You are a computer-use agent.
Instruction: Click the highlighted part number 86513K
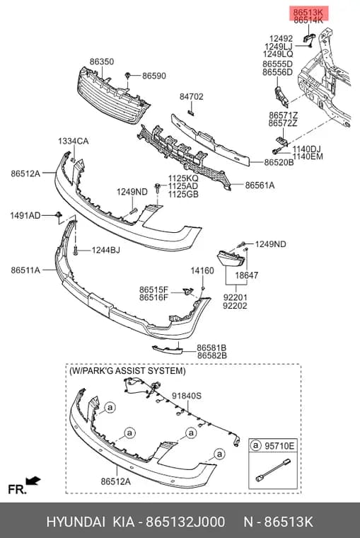tap(308, 13)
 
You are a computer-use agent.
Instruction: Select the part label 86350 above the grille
tap(102, 62)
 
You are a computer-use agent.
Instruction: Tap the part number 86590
tap(154, 76)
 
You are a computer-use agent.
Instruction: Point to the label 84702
tap(191, 97)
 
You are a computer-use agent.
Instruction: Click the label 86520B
tap(279, 162)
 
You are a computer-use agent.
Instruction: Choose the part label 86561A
tap(260, 185)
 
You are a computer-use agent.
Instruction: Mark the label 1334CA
tap(73, 141)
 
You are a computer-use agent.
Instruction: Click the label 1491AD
tap(25, 215)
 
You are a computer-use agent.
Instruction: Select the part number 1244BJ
tap(105, 250)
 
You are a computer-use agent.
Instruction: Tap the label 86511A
tap(25, 270)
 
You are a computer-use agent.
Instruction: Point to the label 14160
tap(202, 270)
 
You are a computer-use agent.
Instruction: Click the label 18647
tap(247, 275)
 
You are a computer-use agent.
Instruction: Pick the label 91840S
tap(187, 396)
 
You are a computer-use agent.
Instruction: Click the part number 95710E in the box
tap(279, 446)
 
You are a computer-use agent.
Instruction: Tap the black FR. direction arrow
tap(33, 481)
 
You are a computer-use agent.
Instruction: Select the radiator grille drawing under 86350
tap(113, 96)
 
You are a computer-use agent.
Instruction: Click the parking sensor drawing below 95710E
tap(273, 470)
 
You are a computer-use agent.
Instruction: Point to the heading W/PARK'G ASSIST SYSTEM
tap(127, 371)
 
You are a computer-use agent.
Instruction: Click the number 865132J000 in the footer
tap(185, 522)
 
